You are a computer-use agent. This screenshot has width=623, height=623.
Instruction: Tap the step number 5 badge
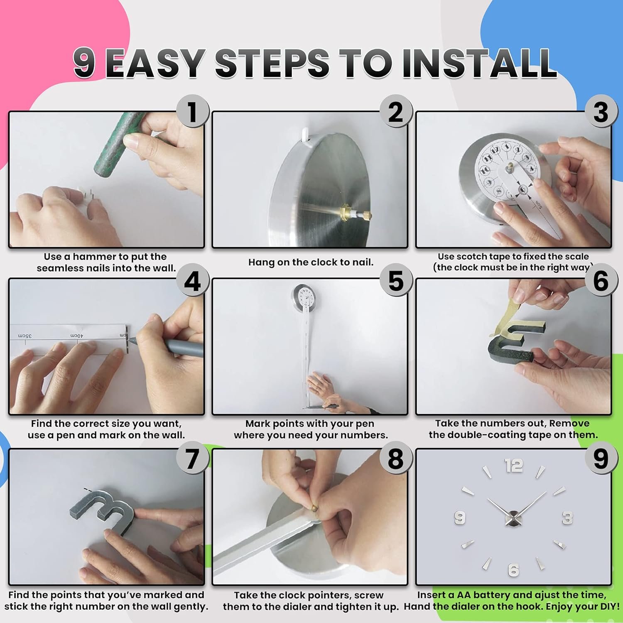[x=396, y=281]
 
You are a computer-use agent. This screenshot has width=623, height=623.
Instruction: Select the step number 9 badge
[x=601, y=459]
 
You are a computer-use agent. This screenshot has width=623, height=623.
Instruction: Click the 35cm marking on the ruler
[x=25, y=335]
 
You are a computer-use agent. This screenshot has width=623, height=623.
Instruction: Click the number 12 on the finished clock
[x=514, y=466]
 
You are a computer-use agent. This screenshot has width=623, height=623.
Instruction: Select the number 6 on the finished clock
[x=514, y=570]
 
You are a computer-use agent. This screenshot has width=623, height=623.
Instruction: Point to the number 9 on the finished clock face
[x=459, y=518]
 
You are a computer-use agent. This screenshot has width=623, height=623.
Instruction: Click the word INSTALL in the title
[x=479, y=63]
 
